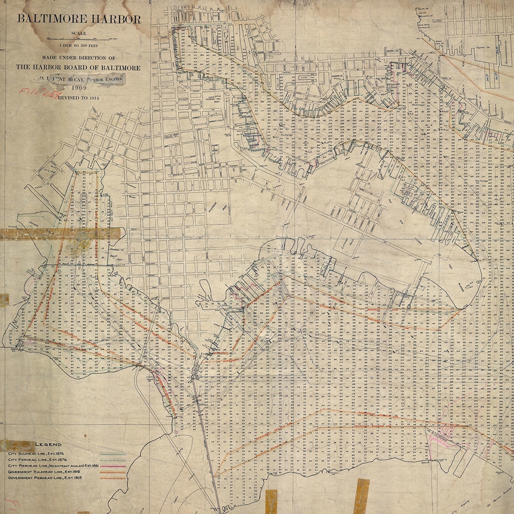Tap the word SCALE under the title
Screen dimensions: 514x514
pos(79,33)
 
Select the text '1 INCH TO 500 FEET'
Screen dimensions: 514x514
pos(79,45)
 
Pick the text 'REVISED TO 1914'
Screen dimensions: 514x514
pos(79,98)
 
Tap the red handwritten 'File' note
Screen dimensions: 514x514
pos(38,93)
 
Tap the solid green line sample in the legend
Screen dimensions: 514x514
pos(111,454)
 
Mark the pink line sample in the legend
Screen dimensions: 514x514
pos(111,466)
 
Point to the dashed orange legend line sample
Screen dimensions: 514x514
pos(111,478)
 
